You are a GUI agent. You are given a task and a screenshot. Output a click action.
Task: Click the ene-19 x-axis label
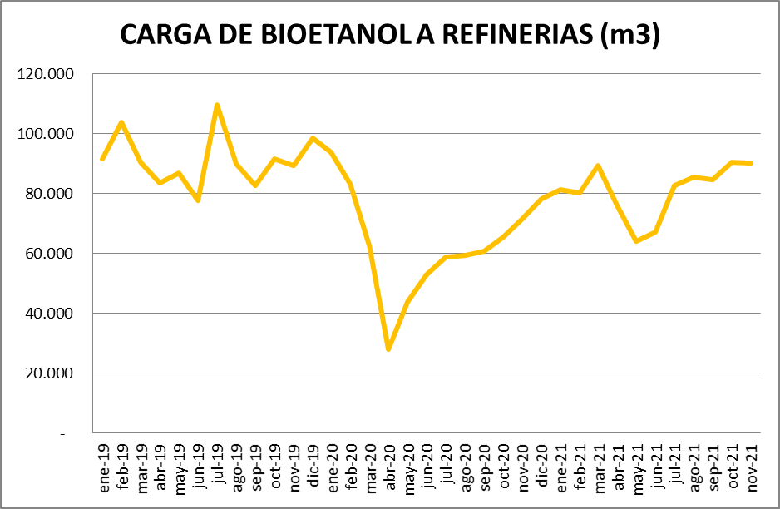[x=103, y=468]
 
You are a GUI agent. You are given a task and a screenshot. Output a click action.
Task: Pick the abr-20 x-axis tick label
[x=388, y=469]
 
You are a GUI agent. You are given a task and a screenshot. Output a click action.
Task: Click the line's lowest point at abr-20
[x=388, y=349]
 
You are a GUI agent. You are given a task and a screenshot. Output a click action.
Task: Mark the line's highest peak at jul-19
[x=217, y=105]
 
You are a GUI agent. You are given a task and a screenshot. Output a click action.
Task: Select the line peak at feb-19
[x=121, y=122]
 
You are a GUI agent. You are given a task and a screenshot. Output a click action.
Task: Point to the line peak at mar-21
[x=598, y=166]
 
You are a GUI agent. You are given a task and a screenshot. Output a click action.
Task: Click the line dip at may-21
[x=636, y=241]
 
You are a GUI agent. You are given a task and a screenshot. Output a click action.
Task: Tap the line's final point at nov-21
[x=752, y=163]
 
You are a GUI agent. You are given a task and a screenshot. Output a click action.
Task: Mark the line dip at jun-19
[x=198, y=200]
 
